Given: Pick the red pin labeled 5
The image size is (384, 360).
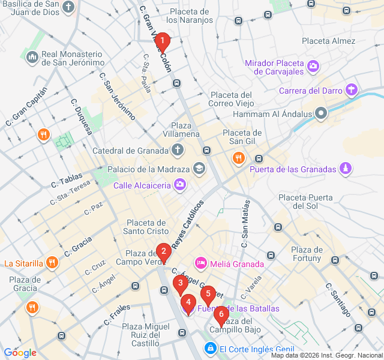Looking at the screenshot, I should tap(208, 294).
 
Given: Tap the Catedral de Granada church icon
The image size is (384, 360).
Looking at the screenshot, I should tap(177, 149).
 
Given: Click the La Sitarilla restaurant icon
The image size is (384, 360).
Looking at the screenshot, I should tap(52, 263).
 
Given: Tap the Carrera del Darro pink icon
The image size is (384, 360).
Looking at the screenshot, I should tap(351, 91).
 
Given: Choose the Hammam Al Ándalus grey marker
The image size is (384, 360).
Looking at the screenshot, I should tap(322, 113).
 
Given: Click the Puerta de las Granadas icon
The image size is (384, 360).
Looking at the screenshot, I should tap(345, 169).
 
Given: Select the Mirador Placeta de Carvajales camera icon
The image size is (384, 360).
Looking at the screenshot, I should tap(313, 66).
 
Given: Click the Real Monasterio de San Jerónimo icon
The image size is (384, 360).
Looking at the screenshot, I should tap(32, 58).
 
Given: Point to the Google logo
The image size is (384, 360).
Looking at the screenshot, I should tap(19, 353).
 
